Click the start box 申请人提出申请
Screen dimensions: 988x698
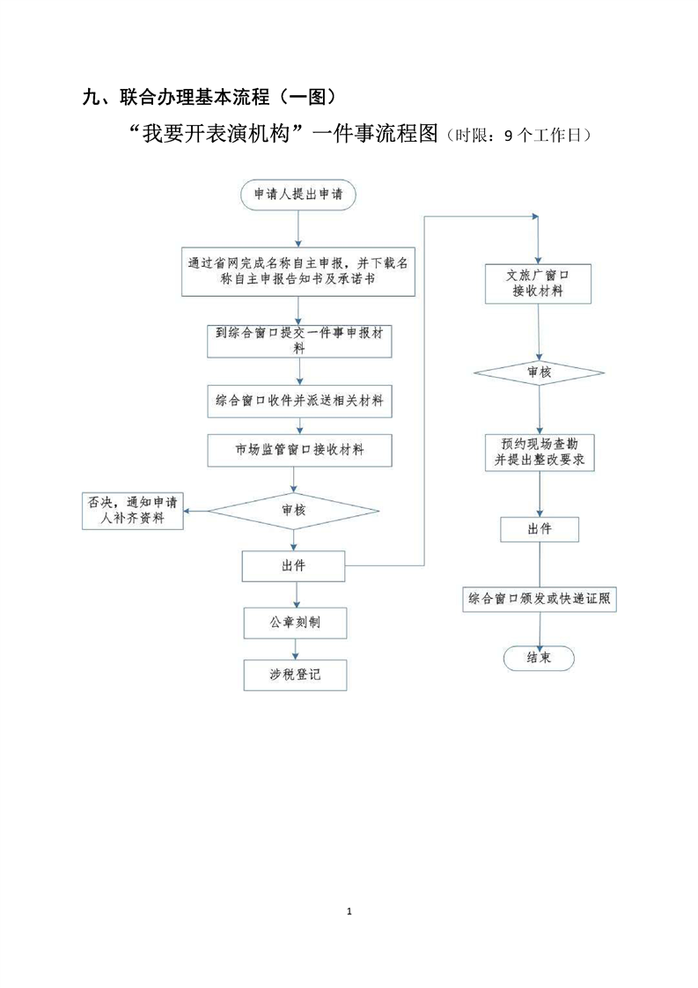pyautogui.click(x=298, y=195)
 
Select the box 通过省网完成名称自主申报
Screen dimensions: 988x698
pyautogui.click(x=298, y=271)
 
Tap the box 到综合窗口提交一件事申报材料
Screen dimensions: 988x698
pyautogui.click(x=298, y=340)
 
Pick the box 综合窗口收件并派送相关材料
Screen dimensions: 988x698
pyautogui.click(x=298, y=401)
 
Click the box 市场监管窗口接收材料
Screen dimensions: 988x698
pyautogui.click(x=298, y=450)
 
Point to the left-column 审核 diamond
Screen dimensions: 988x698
pyautogui.click(x=294, y=510)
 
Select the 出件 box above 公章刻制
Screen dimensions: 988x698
pyautogui.click(x=294, y=565)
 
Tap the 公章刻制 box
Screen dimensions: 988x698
pyautogui.click(x=294, y=623)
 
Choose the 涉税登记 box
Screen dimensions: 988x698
pyautogui.click(x=294, y=675)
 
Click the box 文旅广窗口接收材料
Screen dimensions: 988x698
pyautogui.click(x=539, y=284)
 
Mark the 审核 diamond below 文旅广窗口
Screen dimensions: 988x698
pyautogui.click(x=539, y=373)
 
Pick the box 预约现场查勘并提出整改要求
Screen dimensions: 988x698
pyautogui.click(x=539, y=452)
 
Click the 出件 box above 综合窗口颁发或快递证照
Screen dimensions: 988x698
pyautogui.click(x=539, y=529)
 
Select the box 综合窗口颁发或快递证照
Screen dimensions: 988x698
pyautogui.click(x=539, y=600)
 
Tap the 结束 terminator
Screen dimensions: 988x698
pyautogui.click(x=539, y=658)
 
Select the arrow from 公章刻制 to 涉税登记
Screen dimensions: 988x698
pyautogui.click(x=295, y=649)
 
